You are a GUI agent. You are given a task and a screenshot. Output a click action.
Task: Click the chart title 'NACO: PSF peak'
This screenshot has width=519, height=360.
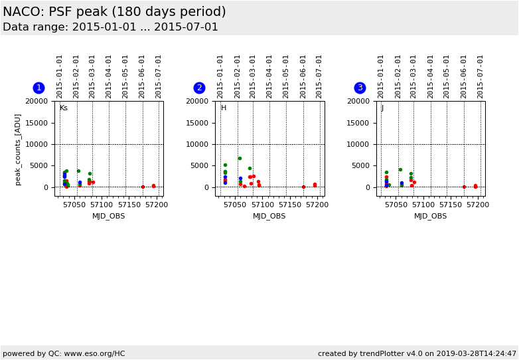pos(114,12)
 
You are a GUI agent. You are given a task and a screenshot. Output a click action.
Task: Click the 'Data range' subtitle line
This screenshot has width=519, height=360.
pos(110,27)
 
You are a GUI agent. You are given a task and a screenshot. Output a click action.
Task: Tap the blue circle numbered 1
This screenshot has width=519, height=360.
pos(38,88)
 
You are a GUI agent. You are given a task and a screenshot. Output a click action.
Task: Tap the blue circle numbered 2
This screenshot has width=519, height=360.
pos(199,88)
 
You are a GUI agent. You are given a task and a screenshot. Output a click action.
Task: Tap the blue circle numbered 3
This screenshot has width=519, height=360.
pos(360,88)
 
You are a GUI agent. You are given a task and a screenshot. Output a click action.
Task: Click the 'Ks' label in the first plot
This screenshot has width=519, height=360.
pos(64,108)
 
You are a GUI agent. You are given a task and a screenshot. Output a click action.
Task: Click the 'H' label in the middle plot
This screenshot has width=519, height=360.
pos(224,108)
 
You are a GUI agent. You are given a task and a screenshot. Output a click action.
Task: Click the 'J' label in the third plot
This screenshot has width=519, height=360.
pos(382,108)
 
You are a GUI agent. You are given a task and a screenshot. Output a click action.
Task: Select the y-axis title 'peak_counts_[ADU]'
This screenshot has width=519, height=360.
pos(18,149)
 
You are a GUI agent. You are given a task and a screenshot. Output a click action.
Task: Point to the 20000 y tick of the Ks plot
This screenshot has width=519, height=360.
pos(37,101)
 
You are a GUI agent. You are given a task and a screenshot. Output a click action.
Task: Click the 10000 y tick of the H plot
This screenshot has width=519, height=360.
pos(198,144)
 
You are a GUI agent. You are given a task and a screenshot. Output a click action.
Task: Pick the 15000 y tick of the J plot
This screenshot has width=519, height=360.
pos(358,123)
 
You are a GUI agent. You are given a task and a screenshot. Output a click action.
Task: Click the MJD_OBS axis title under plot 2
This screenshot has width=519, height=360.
pos(269,216)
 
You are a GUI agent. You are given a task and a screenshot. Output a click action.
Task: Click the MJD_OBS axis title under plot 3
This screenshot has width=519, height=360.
pos(431,216)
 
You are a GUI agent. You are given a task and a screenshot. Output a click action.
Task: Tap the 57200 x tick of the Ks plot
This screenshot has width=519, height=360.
pos(156,205)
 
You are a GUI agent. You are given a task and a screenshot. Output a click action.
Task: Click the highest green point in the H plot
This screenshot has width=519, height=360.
pos(240,158)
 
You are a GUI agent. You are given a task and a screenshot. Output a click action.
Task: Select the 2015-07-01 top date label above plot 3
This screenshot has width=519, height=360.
pos(481,76)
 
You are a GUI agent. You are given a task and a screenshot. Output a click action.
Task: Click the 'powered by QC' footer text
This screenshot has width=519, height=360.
pos(64,354)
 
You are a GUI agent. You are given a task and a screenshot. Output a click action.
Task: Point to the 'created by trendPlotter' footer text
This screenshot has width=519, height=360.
pos(417,354)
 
